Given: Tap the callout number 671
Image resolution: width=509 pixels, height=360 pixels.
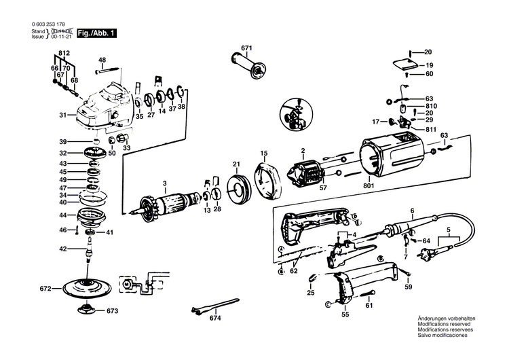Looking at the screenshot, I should [x=246, y=47].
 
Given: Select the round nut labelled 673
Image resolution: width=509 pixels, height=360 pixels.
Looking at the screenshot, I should [x=87, y=310].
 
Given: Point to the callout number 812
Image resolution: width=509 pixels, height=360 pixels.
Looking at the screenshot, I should [x=64, y=53].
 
